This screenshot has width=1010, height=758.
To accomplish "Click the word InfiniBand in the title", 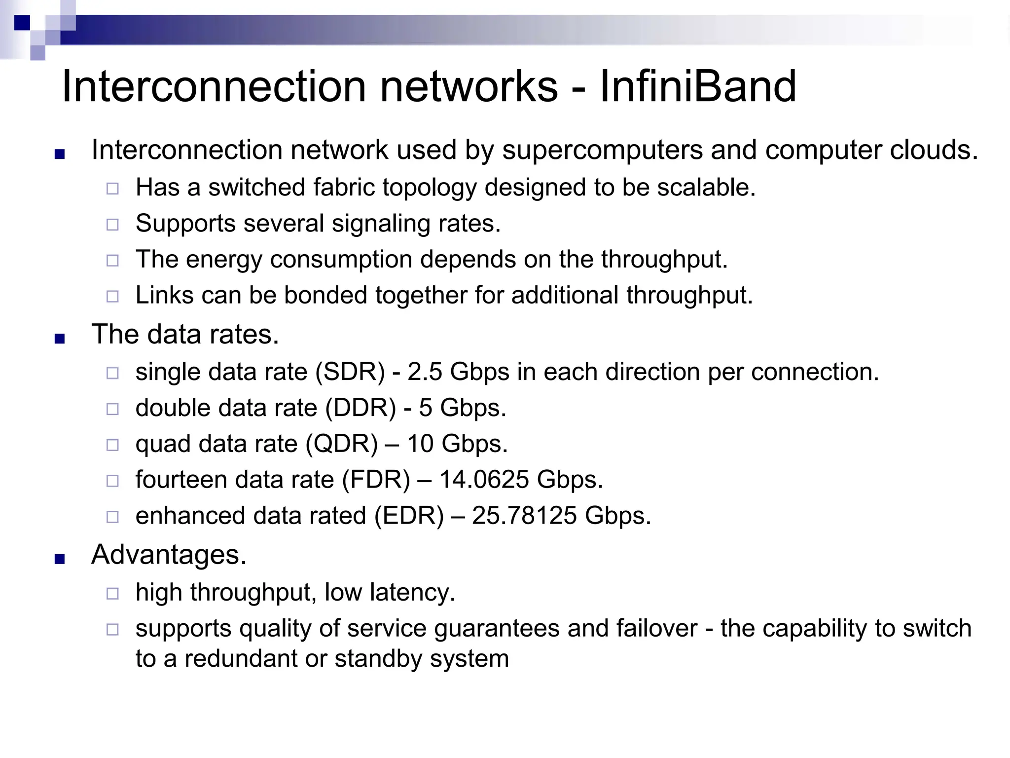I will (697, 86).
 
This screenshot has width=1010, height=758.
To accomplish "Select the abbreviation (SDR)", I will (350, 372).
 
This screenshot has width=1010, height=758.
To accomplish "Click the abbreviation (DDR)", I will (361, 408).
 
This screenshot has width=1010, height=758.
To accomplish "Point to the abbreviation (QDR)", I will (341, 444).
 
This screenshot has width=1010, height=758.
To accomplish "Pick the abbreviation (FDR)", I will (376, 480).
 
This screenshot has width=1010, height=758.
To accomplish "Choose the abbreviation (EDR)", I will (409, 516).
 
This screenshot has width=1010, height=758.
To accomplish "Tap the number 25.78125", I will (524, 516).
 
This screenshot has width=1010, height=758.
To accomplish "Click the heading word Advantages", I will (168, 554).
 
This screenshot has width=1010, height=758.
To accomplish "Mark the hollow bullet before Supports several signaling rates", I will (112, 225).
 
